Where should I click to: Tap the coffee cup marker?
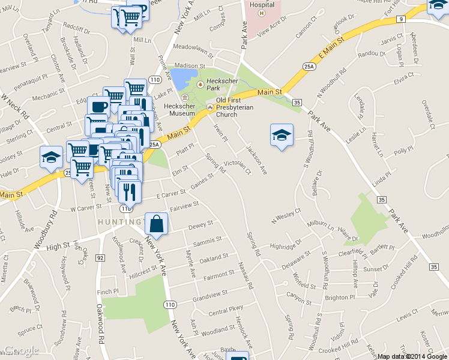[98, 107]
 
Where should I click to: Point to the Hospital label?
[262, 4]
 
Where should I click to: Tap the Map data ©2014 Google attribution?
[412, 356]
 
